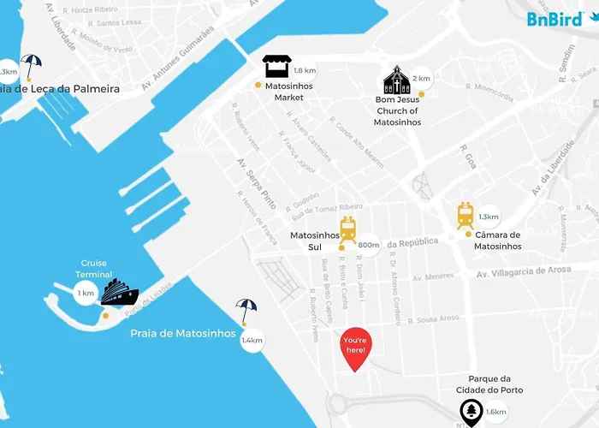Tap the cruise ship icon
coord(119,293)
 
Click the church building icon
coord(396,80)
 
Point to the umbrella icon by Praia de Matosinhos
coord(246,311)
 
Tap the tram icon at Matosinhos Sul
coord(347,229)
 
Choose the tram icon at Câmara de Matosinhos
coord(466,215)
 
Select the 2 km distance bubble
coord(421,79)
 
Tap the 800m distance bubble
coord(369,246)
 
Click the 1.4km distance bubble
coord(252,341)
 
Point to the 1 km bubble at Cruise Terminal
coord(86,294)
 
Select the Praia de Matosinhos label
coord(182,334)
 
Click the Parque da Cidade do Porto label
coord(501,384)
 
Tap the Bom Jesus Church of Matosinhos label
coord(397,111)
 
